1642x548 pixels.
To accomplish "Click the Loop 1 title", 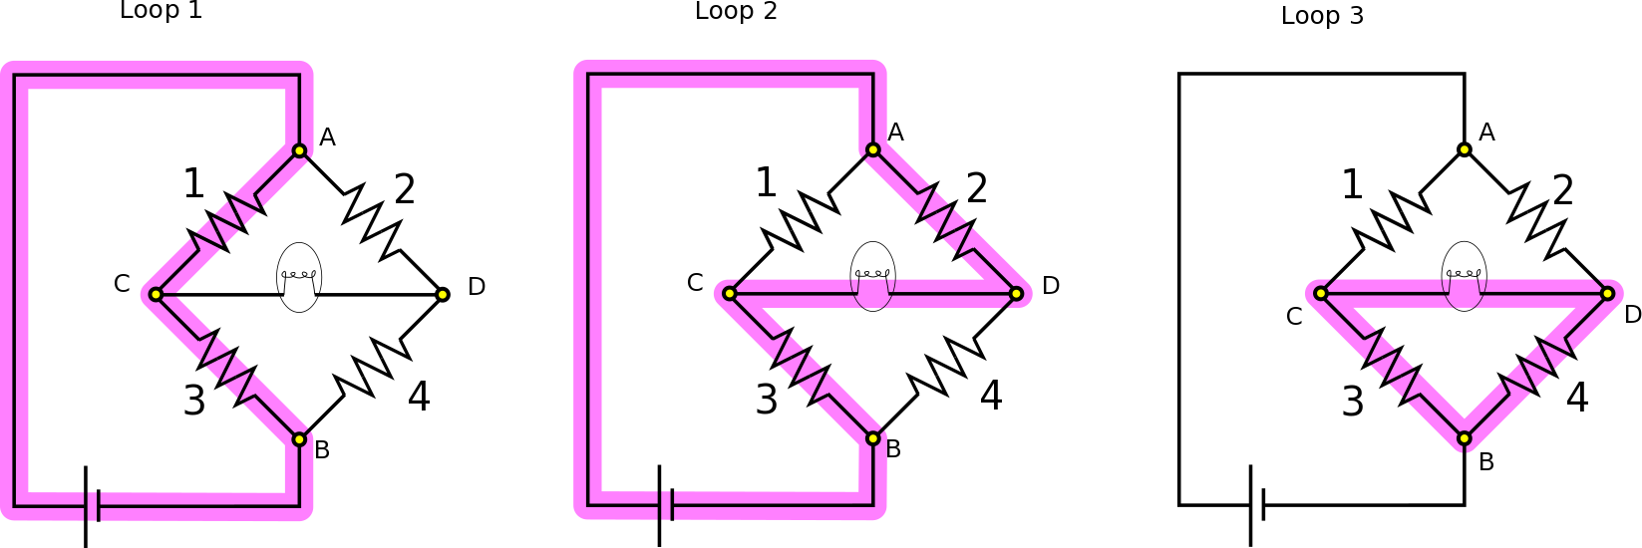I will tap(161, 11).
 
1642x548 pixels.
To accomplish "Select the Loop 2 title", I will tap(736, 11).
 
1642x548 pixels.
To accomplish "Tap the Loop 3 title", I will tap(1322, 16).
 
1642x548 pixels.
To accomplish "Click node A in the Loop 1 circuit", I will tap(299, 150).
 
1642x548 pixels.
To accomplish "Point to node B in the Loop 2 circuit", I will tap(873, 438).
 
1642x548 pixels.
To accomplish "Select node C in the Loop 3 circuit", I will tap(1321, 293).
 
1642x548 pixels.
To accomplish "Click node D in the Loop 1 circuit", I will tap(443, 294).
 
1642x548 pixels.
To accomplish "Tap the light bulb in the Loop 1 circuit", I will tap(299, 277).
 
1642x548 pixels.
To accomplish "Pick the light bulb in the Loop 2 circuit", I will tap(873, 276).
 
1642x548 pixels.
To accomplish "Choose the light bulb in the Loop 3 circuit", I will tap(1464, 276).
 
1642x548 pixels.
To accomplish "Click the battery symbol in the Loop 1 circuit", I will tap(92, 506).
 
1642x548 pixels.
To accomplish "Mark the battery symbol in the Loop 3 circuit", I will tap(1257, 504).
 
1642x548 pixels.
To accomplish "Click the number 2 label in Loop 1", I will tap(404, 188).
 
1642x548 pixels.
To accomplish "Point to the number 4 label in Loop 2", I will tap(990, 396).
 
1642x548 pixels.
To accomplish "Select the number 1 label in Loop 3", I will tap(1352, 184).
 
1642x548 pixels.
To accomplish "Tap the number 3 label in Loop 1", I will tap(194, 401).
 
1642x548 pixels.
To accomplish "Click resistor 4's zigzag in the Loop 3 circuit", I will tap(1536, 366).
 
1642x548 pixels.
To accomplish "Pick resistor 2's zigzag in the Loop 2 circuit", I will tap(945, 221).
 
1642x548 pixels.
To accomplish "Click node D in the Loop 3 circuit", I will tap(1607, 293).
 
